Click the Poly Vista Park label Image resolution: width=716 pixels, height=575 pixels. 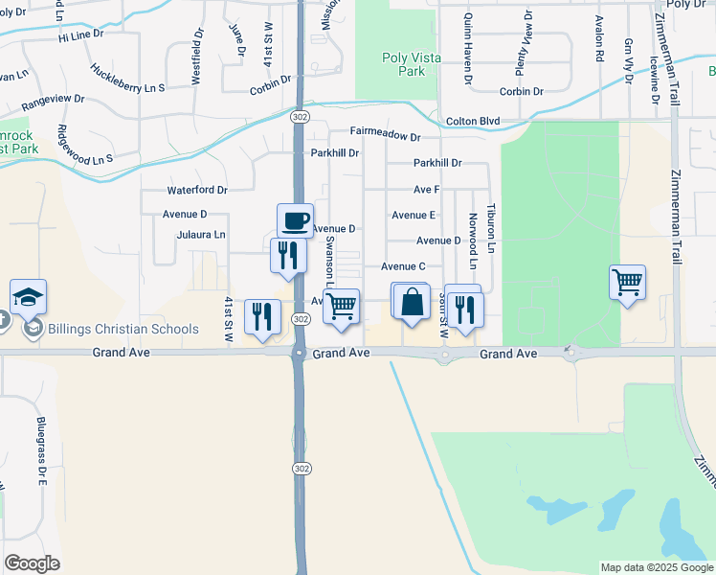tap(412, 64)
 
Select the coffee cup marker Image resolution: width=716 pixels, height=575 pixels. tap(295, 220)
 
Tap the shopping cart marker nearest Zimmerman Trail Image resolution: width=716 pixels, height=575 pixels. tap(627, 283)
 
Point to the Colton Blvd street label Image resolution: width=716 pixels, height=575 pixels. tap(473, 121)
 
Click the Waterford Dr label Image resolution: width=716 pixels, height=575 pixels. tap(196, 191)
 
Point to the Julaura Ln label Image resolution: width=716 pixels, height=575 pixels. tap(201, 234)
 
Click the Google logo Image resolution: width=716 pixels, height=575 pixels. tap(32, 563)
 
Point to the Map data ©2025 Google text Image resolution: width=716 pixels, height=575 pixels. tap(656, 567)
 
